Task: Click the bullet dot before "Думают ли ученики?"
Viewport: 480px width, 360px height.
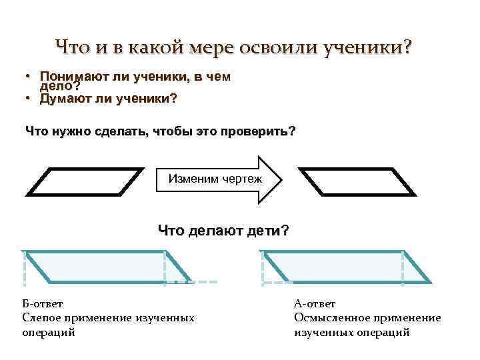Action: [30, 99]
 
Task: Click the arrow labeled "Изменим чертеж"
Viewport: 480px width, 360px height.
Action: [220, 179]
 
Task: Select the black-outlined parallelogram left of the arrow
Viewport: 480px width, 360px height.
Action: [83, 181]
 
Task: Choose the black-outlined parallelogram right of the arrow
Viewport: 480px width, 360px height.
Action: [356, 181]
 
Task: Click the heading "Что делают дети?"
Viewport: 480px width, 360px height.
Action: [223, 231]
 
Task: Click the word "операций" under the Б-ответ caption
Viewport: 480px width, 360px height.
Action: [49, 332]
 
